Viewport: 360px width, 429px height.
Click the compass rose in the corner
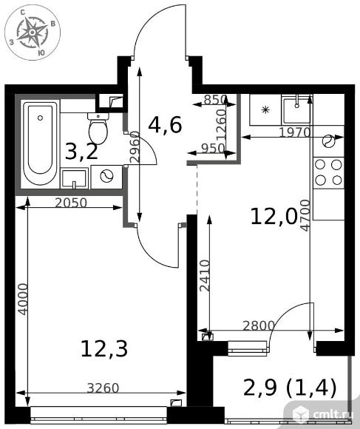point(33,33)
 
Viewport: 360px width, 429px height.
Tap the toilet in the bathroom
point(98,128)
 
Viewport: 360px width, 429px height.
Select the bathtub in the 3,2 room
point(40,142)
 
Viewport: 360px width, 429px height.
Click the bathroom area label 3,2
point(81,152)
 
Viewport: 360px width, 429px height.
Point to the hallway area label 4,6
point(165,125)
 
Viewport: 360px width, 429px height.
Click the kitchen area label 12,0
point(274,216)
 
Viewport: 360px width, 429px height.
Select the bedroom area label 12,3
point(104,348)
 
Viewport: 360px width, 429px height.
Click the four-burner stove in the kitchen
point(328,172)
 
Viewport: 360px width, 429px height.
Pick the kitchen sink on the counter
point(297,109)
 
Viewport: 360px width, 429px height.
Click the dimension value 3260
point(103,388)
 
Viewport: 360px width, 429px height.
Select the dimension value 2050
point(71,203)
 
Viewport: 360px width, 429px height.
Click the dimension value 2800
point(259,325)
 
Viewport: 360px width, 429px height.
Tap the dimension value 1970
point(295,132)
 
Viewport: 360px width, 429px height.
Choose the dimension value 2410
point(205,275)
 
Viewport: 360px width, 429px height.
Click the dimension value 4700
point(305,215)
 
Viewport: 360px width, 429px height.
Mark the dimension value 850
point(216,100)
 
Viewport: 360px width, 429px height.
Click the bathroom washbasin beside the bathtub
point(74,178)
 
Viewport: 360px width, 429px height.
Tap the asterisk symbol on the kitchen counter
point(265,110)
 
